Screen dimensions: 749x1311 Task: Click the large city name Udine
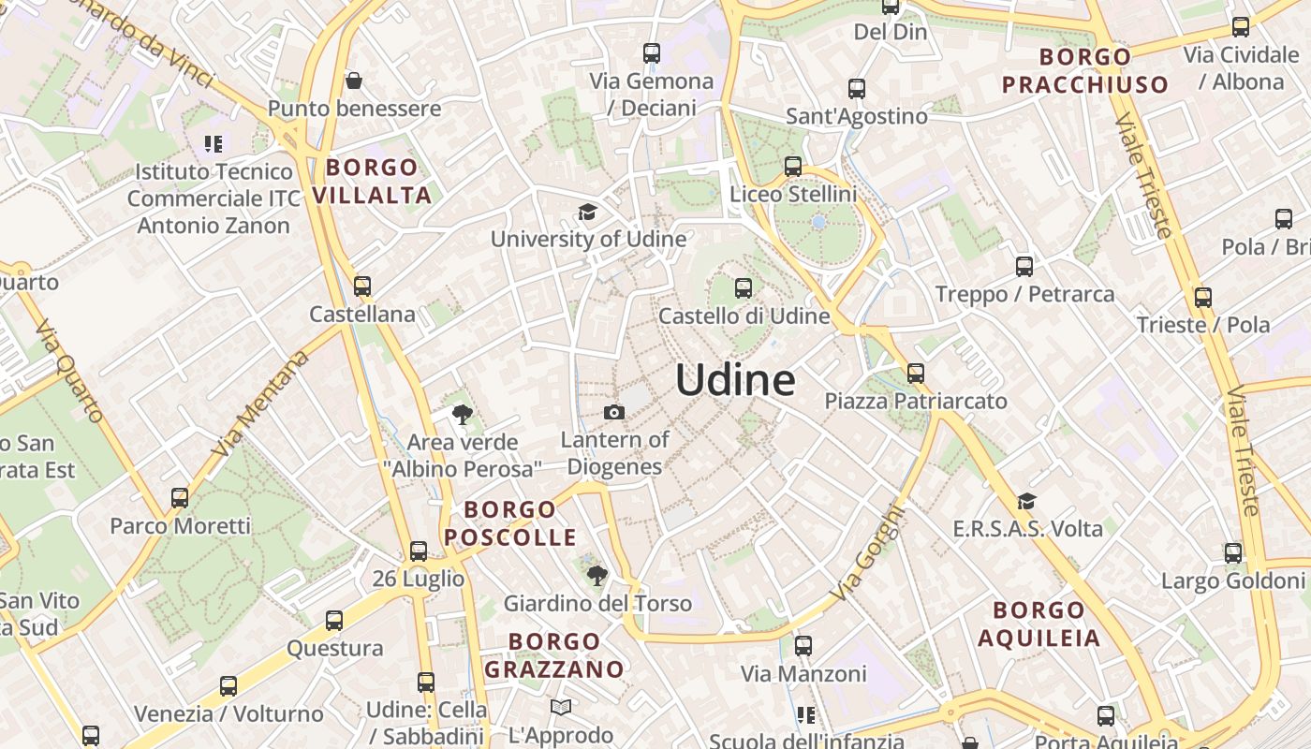point(735,380)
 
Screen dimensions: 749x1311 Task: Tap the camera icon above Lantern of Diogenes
point(614,412)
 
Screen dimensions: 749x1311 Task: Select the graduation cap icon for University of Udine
point(587,213)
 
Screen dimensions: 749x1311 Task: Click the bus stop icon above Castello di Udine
point(744,287)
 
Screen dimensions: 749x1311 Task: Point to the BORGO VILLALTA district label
point(372,182)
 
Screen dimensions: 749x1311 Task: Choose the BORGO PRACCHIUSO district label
point(1085,71)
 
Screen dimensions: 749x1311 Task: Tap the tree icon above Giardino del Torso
point(597,576)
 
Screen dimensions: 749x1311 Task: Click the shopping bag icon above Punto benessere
point(354,81)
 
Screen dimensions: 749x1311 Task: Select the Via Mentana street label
point(260,404)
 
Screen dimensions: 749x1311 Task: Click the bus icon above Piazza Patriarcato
point(916,374)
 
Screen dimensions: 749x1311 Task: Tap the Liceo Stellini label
point(793,195)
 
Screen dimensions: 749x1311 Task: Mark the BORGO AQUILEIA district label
point(1038,624)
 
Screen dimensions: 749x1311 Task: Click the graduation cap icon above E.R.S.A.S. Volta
point(1027,501)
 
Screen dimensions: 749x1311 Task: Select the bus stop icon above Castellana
point(362,286)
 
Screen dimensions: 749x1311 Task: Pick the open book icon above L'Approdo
point(561,707)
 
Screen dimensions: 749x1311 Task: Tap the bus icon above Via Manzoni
point(803,645)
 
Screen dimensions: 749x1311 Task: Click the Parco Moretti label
point(181,526)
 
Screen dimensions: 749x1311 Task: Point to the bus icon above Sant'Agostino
point(857,89)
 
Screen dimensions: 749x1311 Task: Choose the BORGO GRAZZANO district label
point(554,655)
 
